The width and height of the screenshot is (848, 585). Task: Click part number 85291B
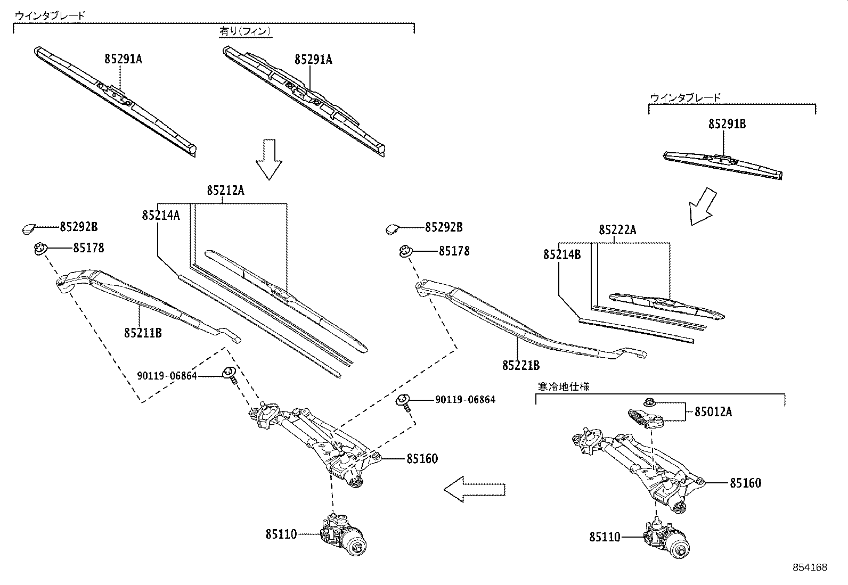pos(727,124)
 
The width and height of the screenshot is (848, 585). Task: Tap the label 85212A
pos(225,190)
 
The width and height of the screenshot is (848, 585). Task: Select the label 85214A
pos(160,215)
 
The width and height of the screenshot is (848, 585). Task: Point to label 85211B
pos(143,333)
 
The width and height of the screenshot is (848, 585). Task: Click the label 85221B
pos(520,365)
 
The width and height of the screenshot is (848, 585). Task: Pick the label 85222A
pos(617,230)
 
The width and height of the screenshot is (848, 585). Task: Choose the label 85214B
pos(561,255)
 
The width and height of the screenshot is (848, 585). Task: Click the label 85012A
pos(713,411)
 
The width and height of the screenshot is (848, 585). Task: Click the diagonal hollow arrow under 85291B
pos(702,207)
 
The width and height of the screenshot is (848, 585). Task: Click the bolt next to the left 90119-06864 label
pos(231,375)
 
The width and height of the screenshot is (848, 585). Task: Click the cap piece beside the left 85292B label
pos(29,229)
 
